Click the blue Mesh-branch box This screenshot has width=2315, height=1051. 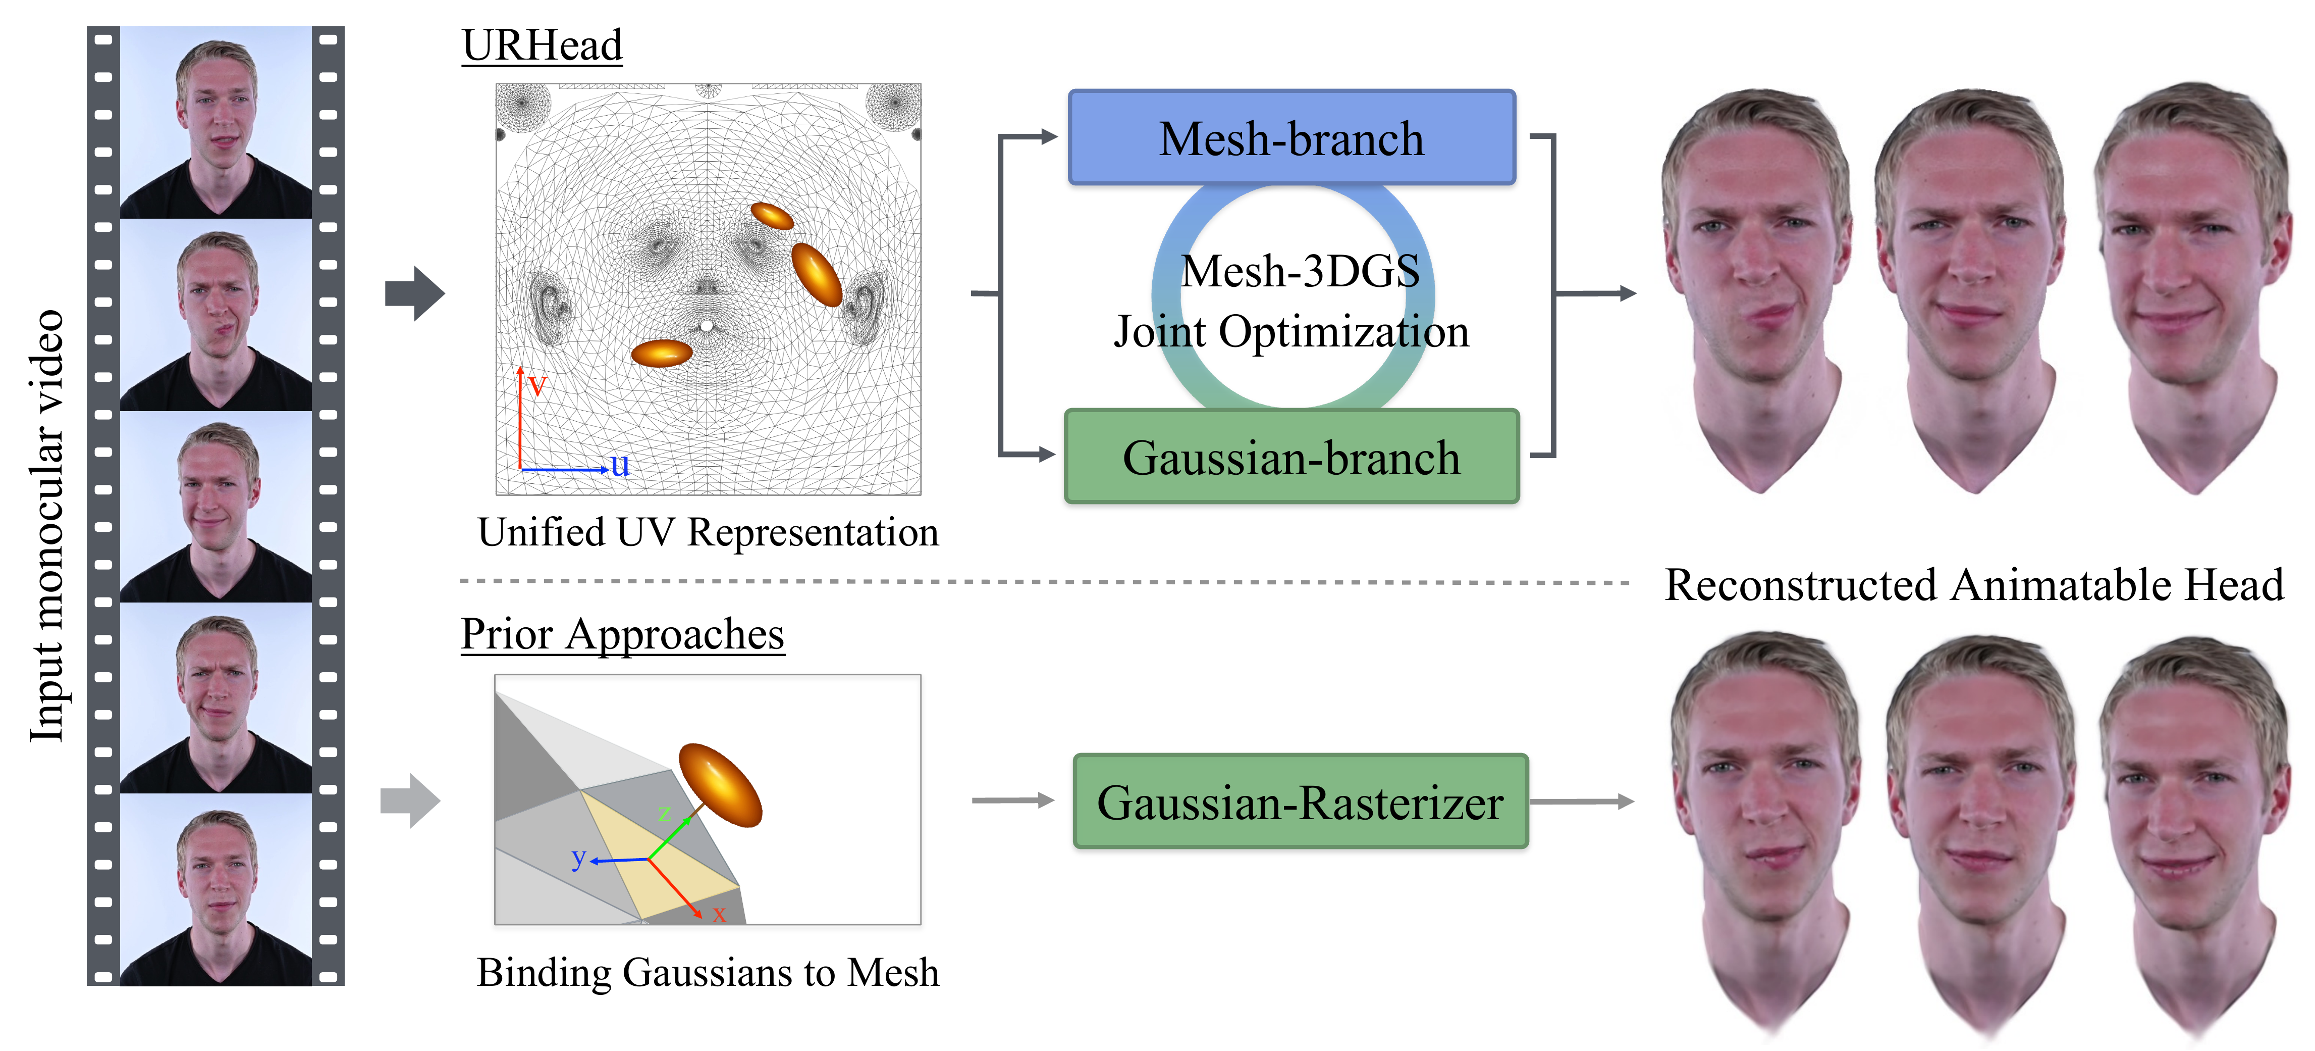(x=1291, y=137)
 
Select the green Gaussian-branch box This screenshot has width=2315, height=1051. (x=1291, y=457)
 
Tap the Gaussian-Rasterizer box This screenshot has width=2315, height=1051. (x=1301, y=801)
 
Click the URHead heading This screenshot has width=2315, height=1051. (x=542, y=45)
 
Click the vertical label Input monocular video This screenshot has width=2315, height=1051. (x=47, y=526)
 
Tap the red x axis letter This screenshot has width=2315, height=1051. (x=719, y=914)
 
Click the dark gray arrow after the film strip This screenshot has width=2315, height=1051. (x=414, y=293)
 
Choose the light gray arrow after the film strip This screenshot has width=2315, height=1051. (x=410, y=800)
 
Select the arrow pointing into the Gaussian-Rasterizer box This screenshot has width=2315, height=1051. (x=1013, y=800)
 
